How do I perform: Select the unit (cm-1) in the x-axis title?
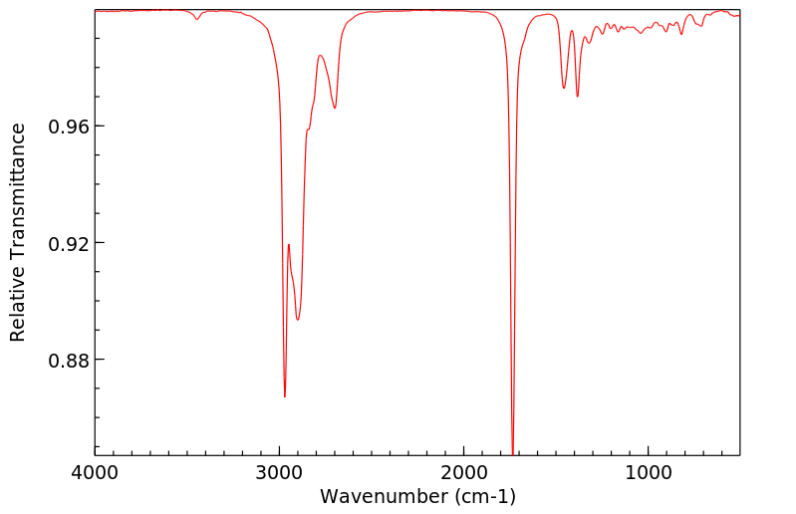482,495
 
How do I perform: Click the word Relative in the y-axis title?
18,308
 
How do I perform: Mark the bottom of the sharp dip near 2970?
285,397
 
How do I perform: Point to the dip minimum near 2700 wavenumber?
335,109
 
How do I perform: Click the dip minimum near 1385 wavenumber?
578,97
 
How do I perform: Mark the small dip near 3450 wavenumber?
197,19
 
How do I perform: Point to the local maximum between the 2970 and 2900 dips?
289,244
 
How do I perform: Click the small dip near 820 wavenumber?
681,34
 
